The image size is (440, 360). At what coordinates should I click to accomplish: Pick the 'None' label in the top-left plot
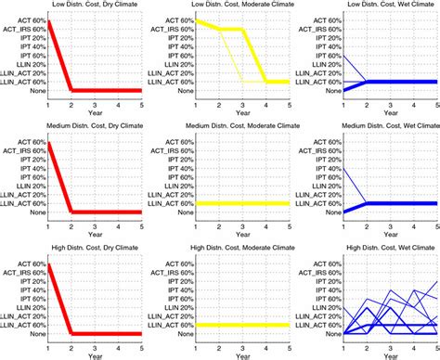pyautogui.click(x=35, y=91)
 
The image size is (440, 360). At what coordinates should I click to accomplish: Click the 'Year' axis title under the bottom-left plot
pyautogui.click(x=97, y=353)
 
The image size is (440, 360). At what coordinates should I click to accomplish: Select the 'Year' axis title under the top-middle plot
pyautogui.click(x=242, y=113)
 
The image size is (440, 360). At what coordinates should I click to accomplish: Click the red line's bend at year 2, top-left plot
pyautogui.click(x=72, y=90)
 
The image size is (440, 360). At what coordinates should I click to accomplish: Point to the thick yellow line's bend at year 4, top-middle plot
pyautogui.click(x=266, y=82)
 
